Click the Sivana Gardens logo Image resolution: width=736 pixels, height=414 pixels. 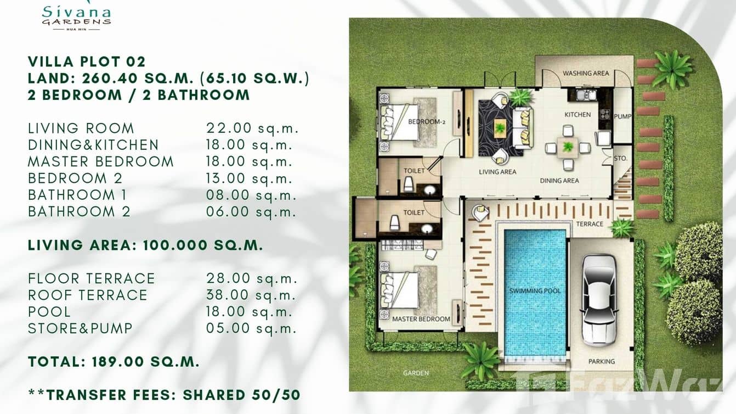coord(76,16)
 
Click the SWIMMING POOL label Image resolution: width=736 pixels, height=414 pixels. coord(535,290)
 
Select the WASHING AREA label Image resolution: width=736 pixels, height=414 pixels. coord(586,73)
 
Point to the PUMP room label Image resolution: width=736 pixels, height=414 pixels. coord(622,116)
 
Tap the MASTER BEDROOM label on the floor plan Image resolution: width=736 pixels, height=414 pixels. coord(421,319)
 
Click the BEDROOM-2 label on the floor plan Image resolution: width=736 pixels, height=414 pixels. coord(426,121)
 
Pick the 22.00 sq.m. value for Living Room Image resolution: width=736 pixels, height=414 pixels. coord(252,128)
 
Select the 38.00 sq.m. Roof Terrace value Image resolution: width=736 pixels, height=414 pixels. coord(252,295)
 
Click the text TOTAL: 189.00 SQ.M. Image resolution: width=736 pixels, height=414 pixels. coord(114,362)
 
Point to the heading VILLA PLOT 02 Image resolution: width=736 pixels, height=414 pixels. coord(87,61)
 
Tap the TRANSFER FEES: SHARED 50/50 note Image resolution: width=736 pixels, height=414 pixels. coord(164,395)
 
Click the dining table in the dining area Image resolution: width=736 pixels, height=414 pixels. coord(568,147)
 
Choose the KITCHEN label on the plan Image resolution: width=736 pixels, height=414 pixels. coord(578,115)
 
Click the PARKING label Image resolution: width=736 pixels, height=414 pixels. coord(602,361)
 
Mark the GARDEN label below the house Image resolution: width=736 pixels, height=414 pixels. coord(415,373)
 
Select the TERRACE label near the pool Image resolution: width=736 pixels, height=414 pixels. coord(590,224)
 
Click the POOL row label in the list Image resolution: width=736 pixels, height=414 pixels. coord(49,312)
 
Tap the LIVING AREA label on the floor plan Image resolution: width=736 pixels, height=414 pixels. coord(497,172)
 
